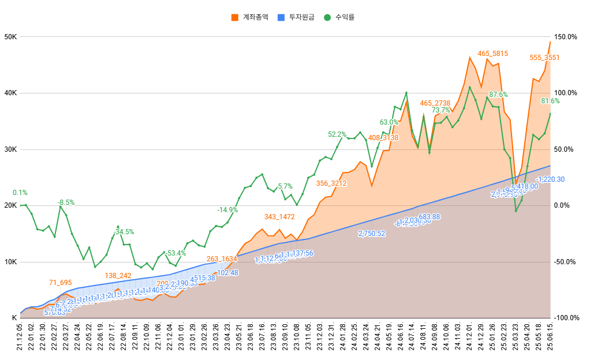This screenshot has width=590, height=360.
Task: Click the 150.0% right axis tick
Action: pyautogui.click(x=566, y=37)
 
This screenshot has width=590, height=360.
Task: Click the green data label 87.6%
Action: pyautogui.click(x=498, y=94)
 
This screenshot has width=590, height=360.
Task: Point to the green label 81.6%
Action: pyautogui.click(x=550, y=101)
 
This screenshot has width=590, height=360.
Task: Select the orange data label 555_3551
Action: pyautogui.click(x=544, y=58)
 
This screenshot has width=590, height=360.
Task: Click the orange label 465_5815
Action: pyautogui.click(x=492, y=54)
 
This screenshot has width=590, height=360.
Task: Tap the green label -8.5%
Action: pyautogui.click(x=66, y=202)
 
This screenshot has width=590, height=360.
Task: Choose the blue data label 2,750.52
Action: pyautogui.click(x=371, y=234)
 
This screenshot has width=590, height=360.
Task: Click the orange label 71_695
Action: pyautogui.click(x=60, y=282)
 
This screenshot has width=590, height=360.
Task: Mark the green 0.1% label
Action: pyautogui.click(x=20, y=193)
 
